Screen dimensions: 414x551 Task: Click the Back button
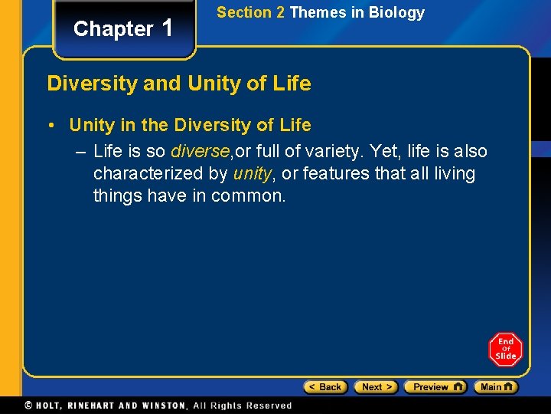point(325,387)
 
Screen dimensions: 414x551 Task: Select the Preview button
point(435,387)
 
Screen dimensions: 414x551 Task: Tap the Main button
point(495,387)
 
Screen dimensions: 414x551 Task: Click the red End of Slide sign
point(505,350)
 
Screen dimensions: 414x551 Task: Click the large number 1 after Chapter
point(168,28)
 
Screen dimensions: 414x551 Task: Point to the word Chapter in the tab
point(113,29)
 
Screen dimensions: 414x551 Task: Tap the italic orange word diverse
point(199,151)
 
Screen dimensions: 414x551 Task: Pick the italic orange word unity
point(252,173)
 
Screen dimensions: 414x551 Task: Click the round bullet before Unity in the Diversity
point(56,125)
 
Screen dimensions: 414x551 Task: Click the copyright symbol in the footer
point(29,406)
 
